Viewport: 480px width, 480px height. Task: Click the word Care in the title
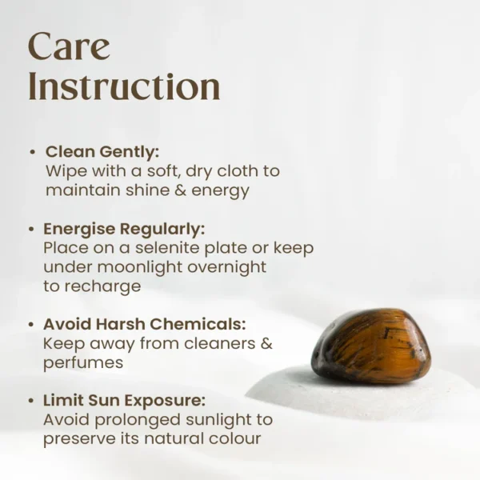[x=68, y=48]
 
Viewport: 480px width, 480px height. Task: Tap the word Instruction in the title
[x=124, y=86]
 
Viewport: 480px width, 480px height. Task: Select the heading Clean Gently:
[x=102, y=151]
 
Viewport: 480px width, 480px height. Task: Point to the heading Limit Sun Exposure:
[x=125, y=400]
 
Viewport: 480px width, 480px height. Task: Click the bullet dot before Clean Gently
[x=32, y=151]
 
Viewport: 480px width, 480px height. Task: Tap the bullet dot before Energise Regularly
[x=32, y=229]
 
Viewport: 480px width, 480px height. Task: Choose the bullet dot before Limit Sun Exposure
[x=32, y=400]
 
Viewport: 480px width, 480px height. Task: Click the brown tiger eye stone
[x=371, y=346]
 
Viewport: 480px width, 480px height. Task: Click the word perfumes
[x=83, y=363]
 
